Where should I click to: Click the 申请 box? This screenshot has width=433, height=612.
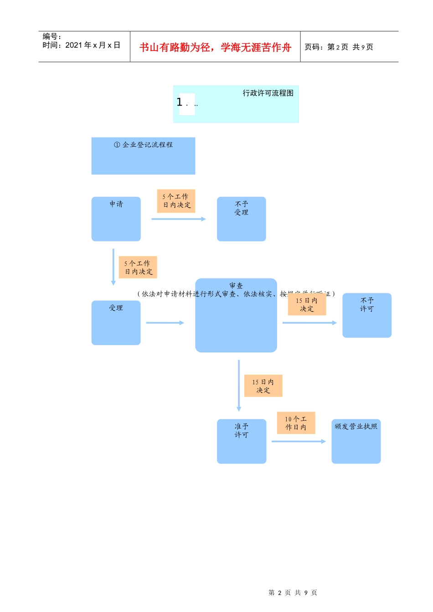(x=116, y=219)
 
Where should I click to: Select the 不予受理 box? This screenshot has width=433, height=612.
(x=241, y=219)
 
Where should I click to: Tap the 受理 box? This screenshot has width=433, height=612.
(x=116, y=323)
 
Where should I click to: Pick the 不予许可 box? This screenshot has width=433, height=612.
(x=366, y=315)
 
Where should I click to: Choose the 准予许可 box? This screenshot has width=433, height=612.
(x=241, y=441)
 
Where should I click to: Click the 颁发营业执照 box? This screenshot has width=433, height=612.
(x=356, y=441)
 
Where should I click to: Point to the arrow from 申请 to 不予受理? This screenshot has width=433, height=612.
(x=178, y=219)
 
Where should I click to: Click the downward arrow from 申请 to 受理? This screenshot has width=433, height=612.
(x=113, y=267)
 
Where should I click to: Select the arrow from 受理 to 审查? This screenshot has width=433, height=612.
(x=165, y=323)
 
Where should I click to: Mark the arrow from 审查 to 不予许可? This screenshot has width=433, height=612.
(x=309, y=323)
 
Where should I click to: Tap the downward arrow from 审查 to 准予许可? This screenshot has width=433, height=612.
(x=239, y=385)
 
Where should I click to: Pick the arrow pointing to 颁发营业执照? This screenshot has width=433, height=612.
(x=298, y=441)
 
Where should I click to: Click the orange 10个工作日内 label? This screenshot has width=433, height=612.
(x=296, y=423)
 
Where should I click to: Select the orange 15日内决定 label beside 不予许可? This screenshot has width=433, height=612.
(x=307, y=305)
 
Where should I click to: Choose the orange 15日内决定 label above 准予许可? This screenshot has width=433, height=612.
(x=263, y=386)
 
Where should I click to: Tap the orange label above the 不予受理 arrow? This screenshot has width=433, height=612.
(x=176, y=201)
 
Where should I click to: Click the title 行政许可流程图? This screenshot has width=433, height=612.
(x=268, y=93)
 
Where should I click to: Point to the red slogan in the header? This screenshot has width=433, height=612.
(x=215, y=47)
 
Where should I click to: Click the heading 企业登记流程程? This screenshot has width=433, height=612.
(x=143, y=145)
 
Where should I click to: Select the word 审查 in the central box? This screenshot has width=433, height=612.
(x=236, y=286)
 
